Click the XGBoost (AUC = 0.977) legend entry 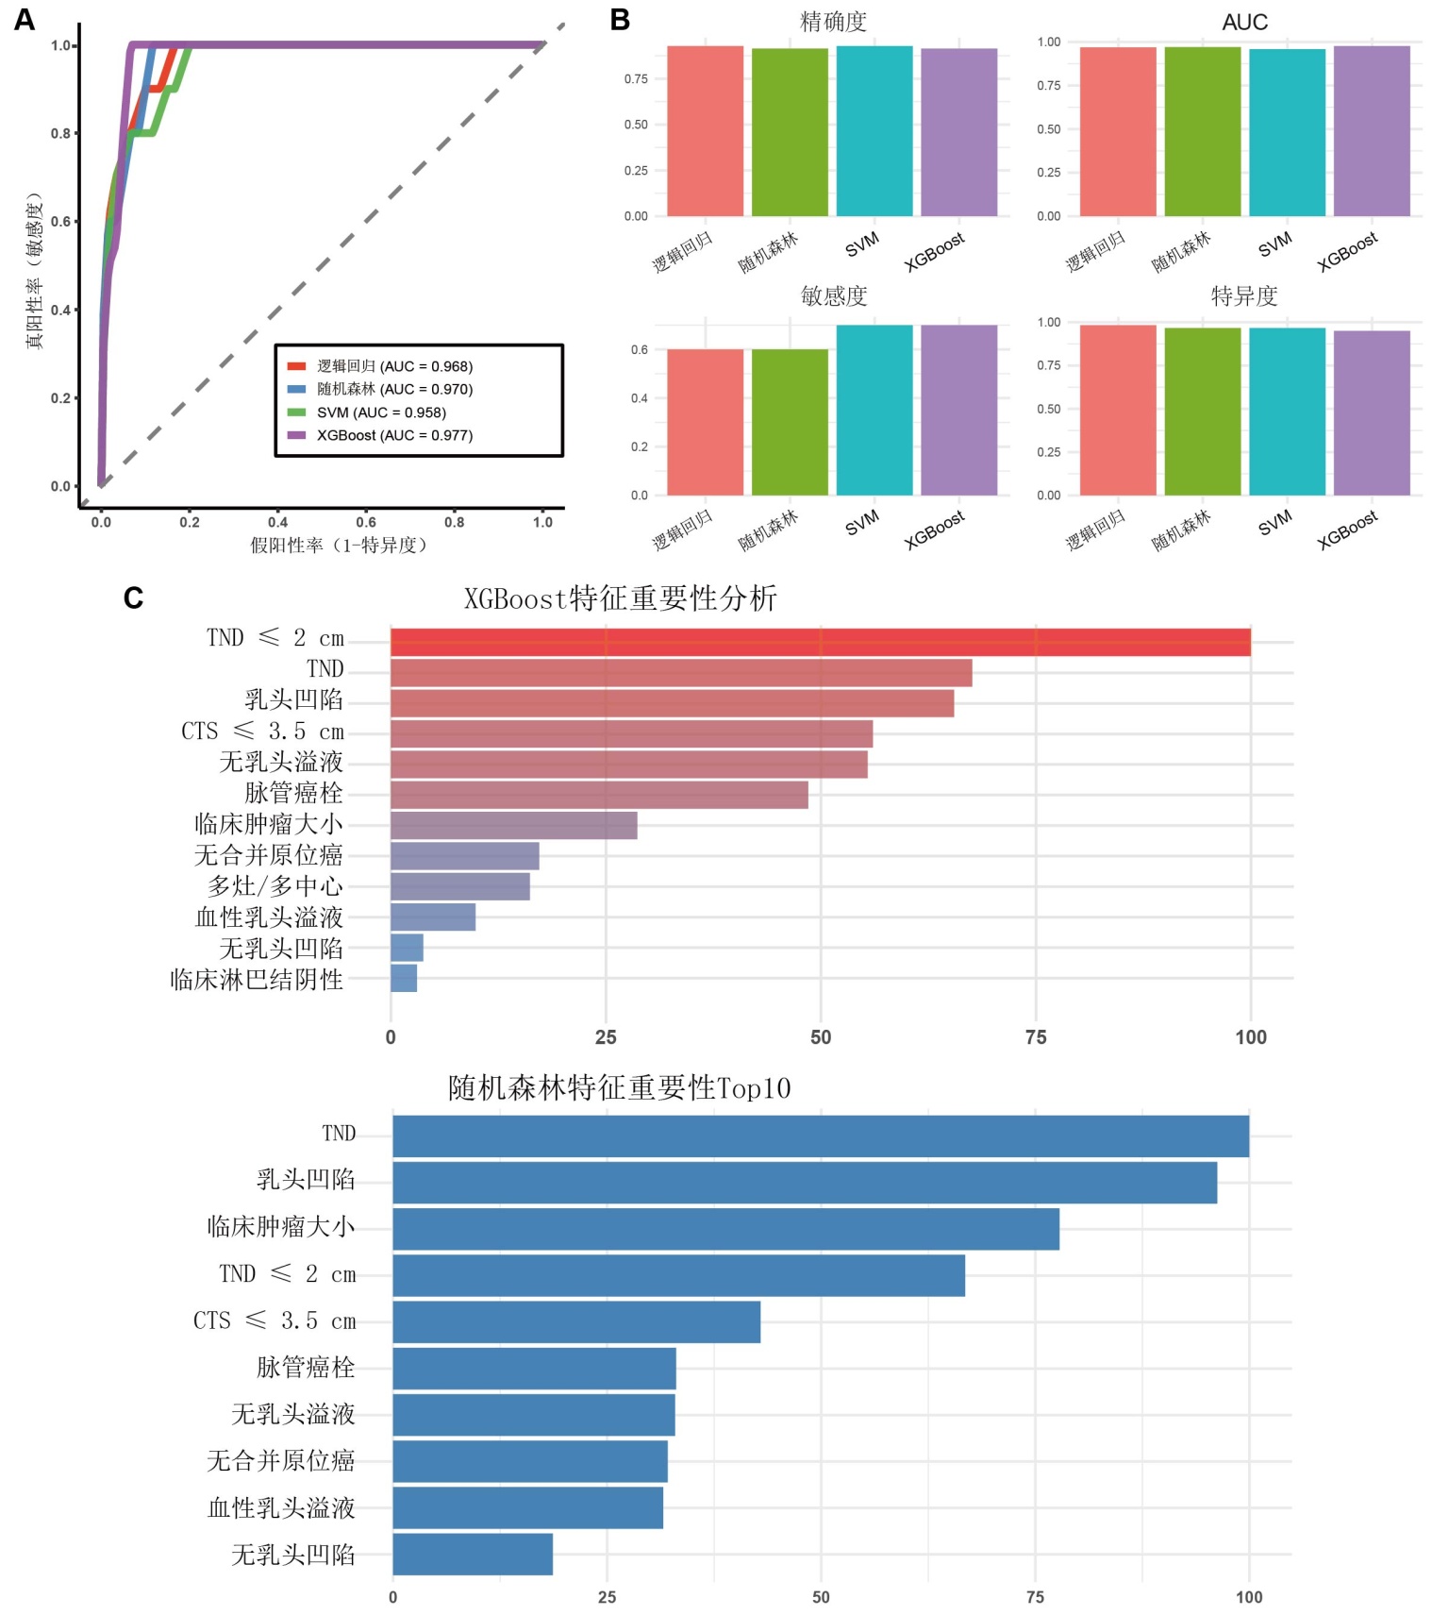click(394, 435)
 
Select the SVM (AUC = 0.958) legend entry click(381, 412)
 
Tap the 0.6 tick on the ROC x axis click(366, 522)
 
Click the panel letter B click(620, 20)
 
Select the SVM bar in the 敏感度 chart click(874, 410)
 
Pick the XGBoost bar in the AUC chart click(1372, 131)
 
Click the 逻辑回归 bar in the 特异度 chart click(1118, 410)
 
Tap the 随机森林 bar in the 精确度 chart click(790, 132)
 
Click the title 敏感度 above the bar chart click(833, 296)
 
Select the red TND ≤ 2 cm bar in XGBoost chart click(820, 642)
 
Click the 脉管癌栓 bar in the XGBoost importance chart click(599, 795)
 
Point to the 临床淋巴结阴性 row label click(257, 980)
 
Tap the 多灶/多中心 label click(275, 886)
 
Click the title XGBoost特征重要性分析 click(620, 598)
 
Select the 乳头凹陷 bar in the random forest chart click(805, 1183)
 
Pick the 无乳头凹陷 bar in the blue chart click(473, 1554)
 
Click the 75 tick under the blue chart click(1035, 1597)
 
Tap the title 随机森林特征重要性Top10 click(619, 1088)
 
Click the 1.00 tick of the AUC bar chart click(1048, 42)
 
